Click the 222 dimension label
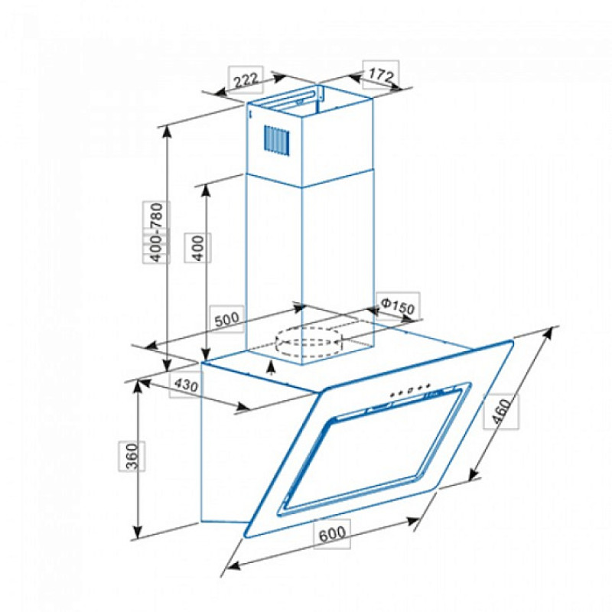pyautogui.click(x=246, y=80)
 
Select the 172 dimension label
pyautogui.click(x=381, y=74)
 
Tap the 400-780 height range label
pyautogui.click(x=156, y=232)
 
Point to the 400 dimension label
pyautogui.click(x=198, y=248)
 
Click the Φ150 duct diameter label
pyautogui.click(x=397, y=306)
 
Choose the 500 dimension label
pyautogui.click(x=226, y=319)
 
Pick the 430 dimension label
pyautogui.click(x=186, y=386)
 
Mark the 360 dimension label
pyautogui.click(x=132, y=456)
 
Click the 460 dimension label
pyautogui.click(x=501, y=411)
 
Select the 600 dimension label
pyautogui.click(x=332, y=533)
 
